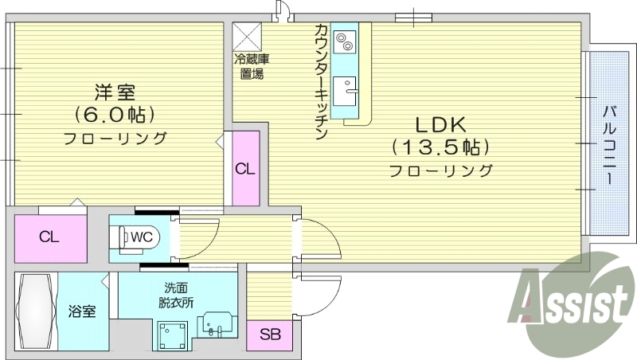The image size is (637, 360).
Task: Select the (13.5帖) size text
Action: pos(440,147)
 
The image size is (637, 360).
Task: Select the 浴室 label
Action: pos(82,311)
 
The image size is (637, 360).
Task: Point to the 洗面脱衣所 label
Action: pos(176,295)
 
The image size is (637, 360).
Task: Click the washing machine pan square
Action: pos(173,336)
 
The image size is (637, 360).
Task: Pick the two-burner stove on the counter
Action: pos(346,41)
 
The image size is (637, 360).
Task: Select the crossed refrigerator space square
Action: pos(247,37)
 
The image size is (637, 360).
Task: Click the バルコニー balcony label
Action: pos(608,143)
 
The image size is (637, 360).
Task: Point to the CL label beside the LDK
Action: pos(245,169)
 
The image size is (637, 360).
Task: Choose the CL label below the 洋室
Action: pos(49,237)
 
